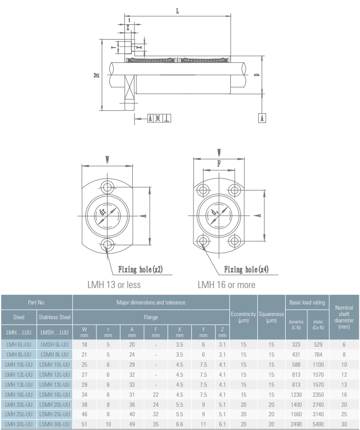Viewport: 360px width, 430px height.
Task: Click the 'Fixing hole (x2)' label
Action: pos(140,270)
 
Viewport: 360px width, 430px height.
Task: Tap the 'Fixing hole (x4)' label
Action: pos(246,270)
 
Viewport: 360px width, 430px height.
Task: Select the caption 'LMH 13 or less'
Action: pos(114,285)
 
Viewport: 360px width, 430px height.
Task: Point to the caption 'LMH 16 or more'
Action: pos(226,285)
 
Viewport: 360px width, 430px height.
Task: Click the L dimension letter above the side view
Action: pos(177,11)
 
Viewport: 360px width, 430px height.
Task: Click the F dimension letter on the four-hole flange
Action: pos(219,164)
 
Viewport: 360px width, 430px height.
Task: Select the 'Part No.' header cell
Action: pos(36,302)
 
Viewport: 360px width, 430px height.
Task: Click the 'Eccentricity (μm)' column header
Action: pos(243,317)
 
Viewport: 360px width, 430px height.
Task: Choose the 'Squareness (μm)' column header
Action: pos(271,317)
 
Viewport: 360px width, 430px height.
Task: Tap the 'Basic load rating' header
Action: pos(307,302)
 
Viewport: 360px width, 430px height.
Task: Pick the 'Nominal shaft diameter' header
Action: pos(344,317)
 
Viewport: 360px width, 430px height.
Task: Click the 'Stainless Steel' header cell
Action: pos(54,317)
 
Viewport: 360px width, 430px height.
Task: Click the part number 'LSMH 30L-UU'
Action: pos(54,424)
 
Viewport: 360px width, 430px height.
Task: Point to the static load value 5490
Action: pos(318,424)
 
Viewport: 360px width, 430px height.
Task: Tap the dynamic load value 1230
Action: pos(296,394)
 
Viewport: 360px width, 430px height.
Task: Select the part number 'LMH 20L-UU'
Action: pos(18,404)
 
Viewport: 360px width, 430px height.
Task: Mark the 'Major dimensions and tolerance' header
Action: pos(151,302)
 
